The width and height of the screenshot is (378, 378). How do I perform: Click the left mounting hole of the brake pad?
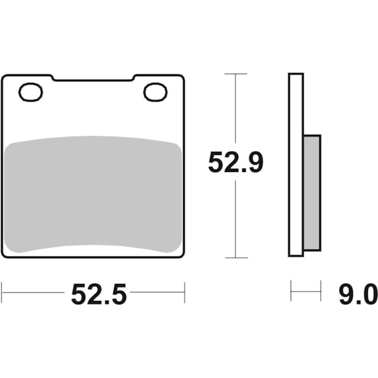coord(30,93)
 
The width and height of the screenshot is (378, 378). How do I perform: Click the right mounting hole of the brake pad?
coord(155,93)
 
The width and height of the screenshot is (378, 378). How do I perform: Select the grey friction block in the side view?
coord(312,192)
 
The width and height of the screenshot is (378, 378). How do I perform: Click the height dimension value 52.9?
coord(236,164)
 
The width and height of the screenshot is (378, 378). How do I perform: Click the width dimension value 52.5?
coord(99,294)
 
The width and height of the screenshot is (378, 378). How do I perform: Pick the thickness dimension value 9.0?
coord(357,294)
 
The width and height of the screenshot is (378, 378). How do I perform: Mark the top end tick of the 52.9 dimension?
coord(236,74)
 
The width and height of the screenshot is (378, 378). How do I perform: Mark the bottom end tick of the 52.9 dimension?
coord(236,258)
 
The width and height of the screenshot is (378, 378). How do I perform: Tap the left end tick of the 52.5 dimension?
coord(2,292)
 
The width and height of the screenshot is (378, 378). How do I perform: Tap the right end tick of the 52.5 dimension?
coord(184,292)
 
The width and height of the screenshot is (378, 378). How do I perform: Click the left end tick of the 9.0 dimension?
coord(291,292)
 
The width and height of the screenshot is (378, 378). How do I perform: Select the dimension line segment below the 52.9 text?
coord(236,217)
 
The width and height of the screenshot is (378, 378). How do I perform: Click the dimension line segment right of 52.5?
coord(157,292)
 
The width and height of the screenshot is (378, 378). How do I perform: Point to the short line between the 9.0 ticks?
coord(306,292)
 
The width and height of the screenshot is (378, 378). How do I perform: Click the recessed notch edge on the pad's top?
coord(93,80)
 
